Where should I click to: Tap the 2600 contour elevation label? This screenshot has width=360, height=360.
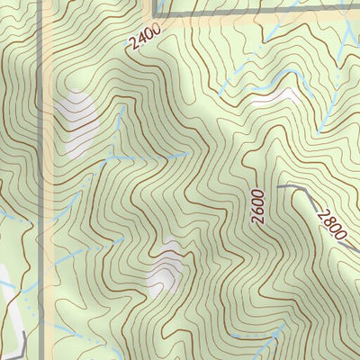[258, 207]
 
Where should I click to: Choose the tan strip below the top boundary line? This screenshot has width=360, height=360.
[225, 25]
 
